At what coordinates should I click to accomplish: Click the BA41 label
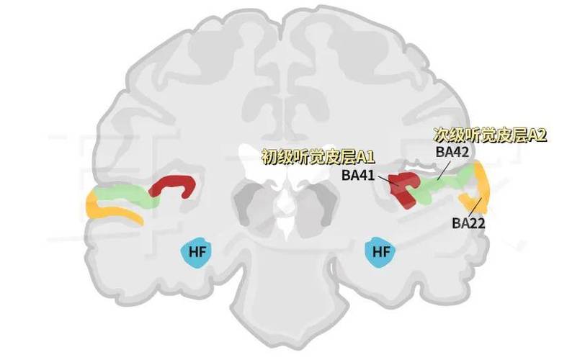point(358,175)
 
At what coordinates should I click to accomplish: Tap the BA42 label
point(452,152)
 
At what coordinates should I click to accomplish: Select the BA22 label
point(468,223)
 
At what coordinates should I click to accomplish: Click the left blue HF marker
point(196,251)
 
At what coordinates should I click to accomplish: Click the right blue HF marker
point(380,251)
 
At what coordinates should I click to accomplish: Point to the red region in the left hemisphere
point(175,182)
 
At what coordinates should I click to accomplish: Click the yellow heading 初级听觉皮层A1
point(318,157)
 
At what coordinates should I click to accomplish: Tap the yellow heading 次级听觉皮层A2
point(490,135)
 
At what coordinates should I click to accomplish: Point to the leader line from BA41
point(388,181)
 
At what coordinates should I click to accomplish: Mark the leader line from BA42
point(444,169)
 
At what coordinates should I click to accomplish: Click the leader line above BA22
point(475,208)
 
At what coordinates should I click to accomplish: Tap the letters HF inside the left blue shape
point(196,252)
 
